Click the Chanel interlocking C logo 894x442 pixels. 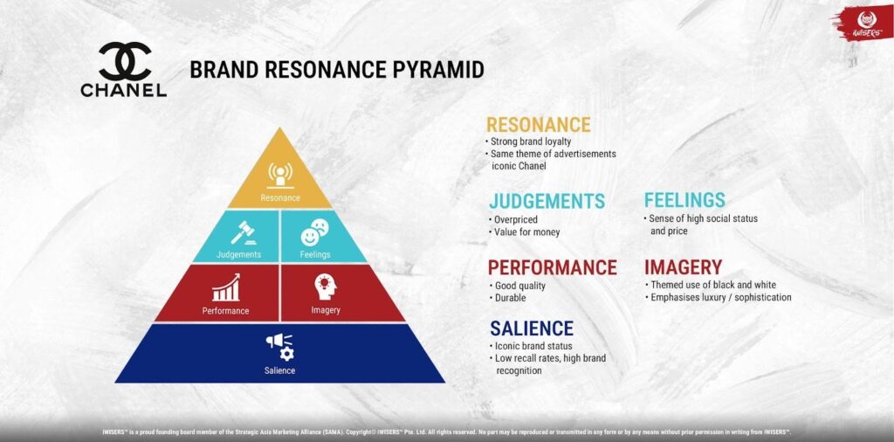pyautogui.click(x=124, y=61)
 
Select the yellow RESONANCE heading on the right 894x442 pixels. pyautogui.click(x=538, y=125)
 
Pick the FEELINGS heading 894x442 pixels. pyautogui.click(x=684, y=200)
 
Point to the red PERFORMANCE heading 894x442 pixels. pyautogui.click(x=552, y=267)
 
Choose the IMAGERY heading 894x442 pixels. pyautogui.click(x=683, y=267)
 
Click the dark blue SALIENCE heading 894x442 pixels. pyautogui.click(x=531, y=328)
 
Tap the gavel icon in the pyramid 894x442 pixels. pyautogui.click(x=239, y=233)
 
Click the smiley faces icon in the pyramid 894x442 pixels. pyautogui.click(x=315, y=233)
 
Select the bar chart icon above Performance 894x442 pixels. pyautogui.click(x=225, y=287)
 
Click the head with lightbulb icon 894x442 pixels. pyautogui.click(x=325, y=287)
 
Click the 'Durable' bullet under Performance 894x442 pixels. pyautogui.click(x=512, y=298)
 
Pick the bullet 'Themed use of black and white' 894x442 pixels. pyautogui.click(x=715, y=285)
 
